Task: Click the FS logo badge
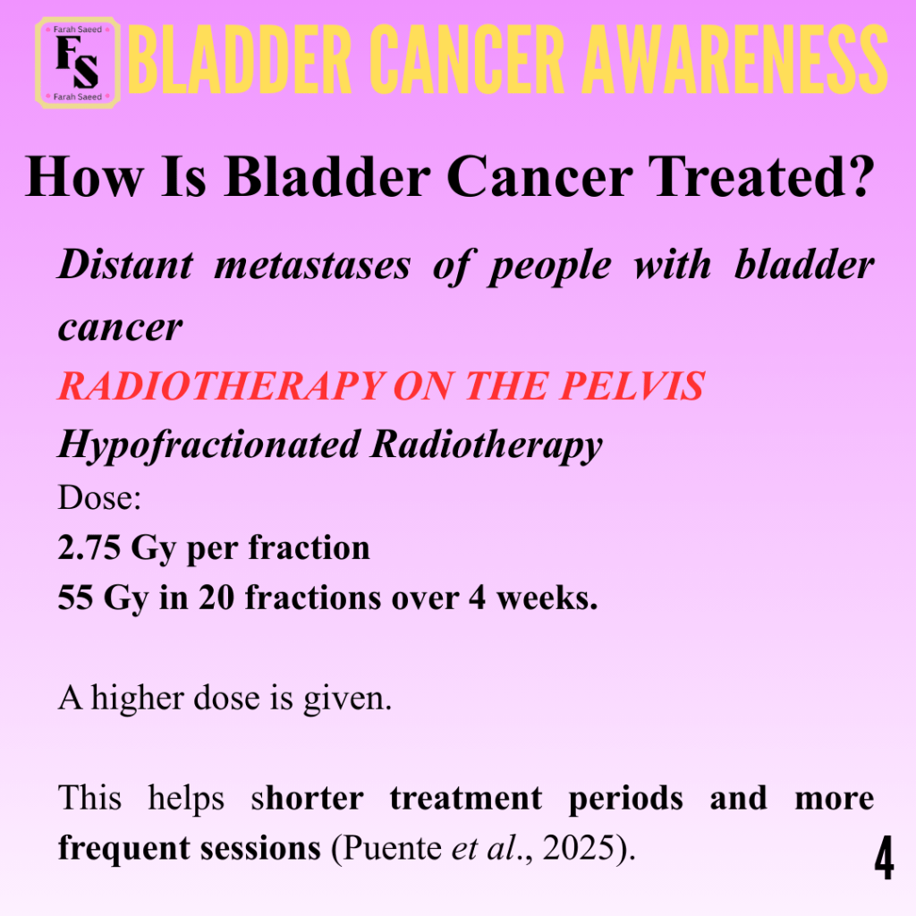click(78, 64)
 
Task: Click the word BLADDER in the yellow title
click(240, 60)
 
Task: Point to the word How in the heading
click(83, 177)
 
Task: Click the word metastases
click(312, 265)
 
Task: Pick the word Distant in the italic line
click(125, 265)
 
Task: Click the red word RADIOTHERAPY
click(222, 386)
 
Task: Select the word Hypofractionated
click(209, 446)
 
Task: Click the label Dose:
click(99, 497)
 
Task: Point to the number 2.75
click(89, 548)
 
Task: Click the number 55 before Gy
click(76, 598)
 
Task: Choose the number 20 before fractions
click(216, 598)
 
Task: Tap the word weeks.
click(547, 598)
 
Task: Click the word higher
click(138, 698)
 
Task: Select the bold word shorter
click(308, 798)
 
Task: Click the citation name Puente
click(392, 848)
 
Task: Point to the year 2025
click(580, 848)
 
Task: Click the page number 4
click(885, 858)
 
